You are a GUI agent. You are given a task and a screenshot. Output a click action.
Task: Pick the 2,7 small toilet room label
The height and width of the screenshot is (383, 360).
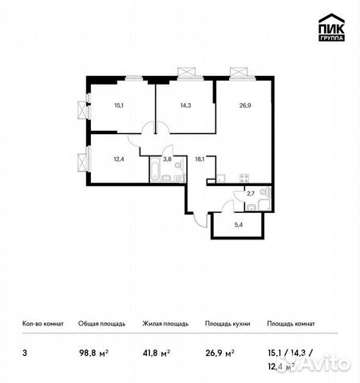[x=251, y=193]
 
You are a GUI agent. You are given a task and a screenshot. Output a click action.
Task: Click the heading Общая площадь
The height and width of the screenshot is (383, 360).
[x=99, y=325]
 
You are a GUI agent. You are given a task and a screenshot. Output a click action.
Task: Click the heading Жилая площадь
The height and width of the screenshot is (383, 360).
[x=165, y=325]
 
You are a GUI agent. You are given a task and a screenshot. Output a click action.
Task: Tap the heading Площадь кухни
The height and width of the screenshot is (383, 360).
[x=227, y=325]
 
